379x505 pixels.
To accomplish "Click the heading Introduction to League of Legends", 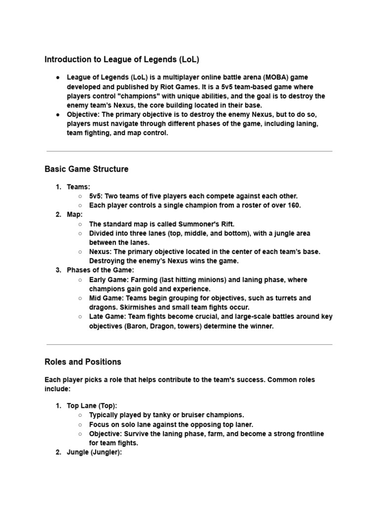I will click(121, 60).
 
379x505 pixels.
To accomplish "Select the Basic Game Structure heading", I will click(86, 169).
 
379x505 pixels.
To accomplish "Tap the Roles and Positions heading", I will click(82, 362).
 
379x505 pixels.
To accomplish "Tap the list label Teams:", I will click(78, 187).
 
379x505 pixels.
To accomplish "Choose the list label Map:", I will click(75, 215).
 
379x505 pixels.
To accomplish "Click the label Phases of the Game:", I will click(100, 270).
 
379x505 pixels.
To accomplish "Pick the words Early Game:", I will click(109, 280).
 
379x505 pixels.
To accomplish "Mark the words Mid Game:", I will click(106, 298).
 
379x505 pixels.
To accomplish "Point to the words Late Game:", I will click(107, 317).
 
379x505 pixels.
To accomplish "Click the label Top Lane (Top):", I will click(92, 406).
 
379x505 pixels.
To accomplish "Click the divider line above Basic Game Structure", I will click(189, 151).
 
